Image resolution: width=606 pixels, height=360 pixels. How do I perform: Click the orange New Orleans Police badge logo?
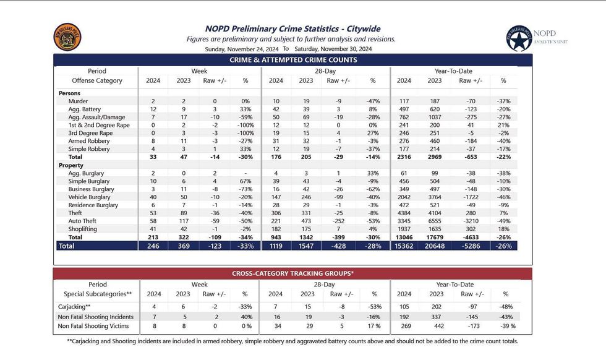click(67, 37)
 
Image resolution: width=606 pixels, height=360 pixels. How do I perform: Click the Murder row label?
click(78, 101)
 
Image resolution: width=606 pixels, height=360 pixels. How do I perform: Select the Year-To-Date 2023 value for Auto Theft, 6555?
click(434, 221)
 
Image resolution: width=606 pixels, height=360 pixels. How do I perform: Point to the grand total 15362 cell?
click(404, 246)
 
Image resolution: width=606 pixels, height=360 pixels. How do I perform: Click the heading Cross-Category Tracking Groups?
click(292, 273)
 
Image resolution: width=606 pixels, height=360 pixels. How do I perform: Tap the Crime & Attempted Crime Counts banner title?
click(293, 60)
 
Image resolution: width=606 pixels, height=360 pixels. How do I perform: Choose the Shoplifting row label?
click(83, 229)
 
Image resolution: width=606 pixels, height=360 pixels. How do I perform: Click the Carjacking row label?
click(74, 307)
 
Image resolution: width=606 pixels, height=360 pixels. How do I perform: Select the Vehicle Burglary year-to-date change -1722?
click(471, 197)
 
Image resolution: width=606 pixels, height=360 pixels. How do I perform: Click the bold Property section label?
click(70, 165)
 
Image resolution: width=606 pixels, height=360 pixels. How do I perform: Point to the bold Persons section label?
click(69, 93)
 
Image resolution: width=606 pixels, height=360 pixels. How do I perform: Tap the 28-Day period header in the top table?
click(325, 71)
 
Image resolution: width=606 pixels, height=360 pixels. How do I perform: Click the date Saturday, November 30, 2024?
click(333, 49)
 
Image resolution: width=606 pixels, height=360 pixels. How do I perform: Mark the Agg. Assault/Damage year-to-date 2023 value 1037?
click(434, 117)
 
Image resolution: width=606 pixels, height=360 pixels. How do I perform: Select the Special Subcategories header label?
click(98, 294)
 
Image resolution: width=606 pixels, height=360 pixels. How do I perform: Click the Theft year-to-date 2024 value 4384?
click(404, 213)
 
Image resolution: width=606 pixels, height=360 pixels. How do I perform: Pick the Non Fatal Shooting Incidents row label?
click(95, 317)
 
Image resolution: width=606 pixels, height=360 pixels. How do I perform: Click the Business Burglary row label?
click(92, 189)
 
